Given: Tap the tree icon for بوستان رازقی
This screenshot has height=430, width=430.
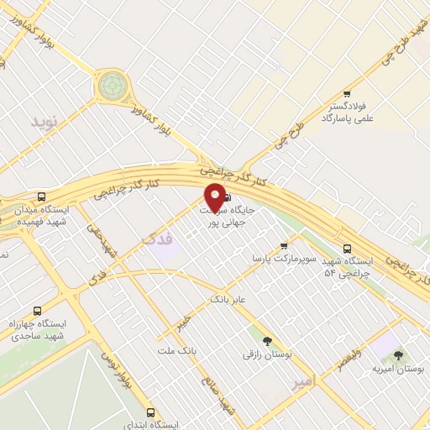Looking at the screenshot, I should pos(268,341).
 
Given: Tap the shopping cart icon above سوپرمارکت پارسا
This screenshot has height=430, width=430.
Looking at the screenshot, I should pos(284,245).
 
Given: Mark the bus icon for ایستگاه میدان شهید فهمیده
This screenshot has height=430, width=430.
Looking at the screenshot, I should pos(42,197).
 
